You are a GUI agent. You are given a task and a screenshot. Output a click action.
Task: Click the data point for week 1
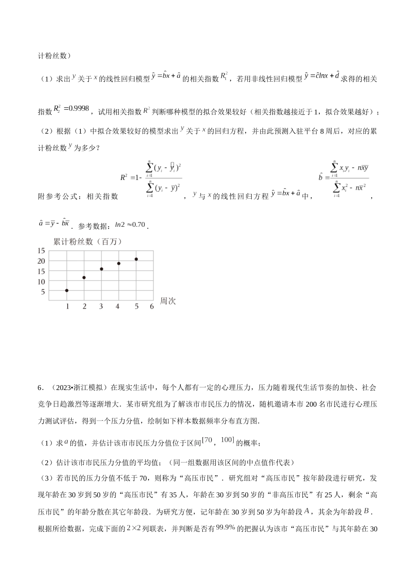[x=67, y=290]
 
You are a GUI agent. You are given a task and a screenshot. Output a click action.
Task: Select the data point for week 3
[x=101, y=269]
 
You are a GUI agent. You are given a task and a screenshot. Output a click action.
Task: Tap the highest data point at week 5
[x=136, y=259]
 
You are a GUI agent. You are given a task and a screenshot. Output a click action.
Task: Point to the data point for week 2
[x=84, y=277]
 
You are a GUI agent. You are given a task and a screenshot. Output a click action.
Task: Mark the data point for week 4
[x=118, y=263]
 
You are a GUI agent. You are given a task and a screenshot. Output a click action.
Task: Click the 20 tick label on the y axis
[x=41, y=261]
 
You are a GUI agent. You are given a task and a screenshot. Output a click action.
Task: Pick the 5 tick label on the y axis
[x=43, y=292]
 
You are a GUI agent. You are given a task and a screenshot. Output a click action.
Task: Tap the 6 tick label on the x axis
[x=152, y=307]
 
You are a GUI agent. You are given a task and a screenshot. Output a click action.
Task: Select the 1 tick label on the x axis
[x=67, y=307]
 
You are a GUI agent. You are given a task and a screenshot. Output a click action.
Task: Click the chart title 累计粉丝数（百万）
[x=87, y=242]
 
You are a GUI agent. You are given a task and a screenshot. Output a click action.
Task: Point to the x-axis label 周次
[x=168, y=301]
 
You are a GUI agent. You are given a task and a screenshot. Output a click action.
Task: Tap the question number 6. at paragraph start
[x=41, y=387]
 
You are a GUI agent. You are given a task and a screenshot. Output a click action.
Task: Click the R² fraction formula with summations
[x=152, y=177]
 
